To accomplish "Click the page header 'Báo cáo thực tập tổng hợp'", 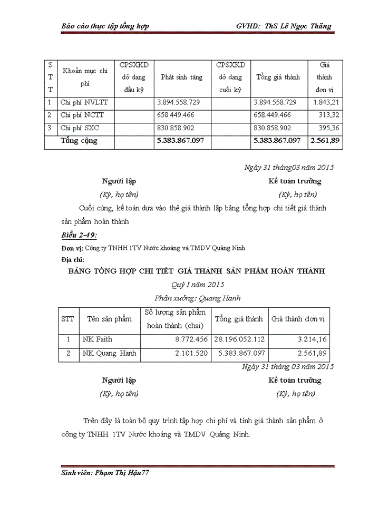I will [105, 26].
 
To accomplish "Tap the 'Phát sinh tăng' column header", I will [181, 77].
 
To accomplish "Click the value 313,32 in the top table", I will [328, 115].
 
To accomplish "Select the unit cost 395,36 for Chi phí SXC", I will [328, 128].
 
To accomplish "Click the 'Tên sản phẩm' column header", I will [109, 319].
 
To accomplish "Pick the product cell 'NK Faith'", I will [97, 339].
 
